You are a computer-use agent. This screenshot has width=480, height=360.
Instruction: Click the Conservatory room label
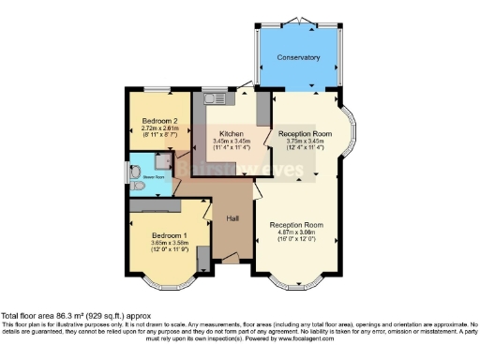coord(298,58)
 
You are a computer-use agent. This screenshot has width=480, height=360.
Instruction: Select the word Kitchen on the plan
coord(232,133)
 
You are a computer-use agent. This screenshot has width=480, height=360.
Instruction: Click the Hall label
coord(233,218)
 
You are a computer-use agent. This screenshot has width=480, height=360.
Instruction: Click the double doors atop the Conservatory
coord(297,21)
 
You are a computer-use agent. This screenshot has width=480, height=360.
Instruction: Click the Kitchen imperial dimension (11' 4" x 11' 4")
coord(232,148)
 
